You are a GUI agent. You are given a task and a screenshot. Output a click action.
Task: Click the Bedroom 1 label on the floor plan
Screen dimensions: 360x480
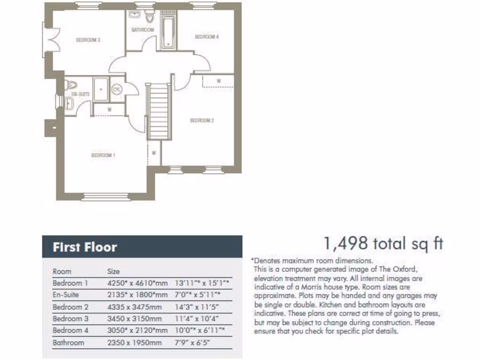(x=103, y=155)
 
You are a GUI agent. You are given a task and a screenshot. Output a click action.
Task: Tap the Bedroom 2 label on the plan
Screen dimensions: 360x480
(x=202, y=120)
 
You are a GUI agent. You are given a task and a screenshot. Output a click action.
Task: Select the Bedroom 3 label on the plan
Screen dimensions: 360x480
(x=88, y=40)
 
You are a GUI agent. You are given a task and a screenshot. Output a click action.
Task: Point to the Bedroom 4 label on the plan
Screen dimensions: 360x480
(x=207, y=37)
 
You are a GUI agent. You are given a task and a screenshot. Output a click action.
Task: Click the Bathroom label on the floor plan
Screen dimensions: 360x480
(x=142, y=30)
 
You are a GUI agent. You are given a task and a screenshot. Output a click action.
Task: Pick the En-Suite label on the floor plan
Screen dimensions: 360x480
(x=80, y=94)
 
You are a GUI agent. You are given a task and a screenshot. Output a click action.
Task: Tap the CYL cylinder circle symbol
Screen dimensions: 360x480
(x=117, y=89)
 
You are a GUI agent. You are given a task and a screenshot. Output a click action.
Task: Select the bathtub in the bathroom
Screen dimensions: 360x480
(x=168, y=31)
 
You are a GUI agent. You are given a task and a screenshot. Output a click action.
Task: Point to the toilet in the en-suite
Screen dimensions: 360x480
(x=72, y=85)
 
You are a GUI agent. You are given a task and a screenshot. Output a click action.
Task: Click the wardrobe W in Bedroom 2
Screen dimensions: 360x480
(x=218, y=81)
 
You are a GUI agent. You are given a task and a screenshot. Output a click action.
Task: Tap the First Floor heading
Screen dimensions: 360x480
(x=85, y=247)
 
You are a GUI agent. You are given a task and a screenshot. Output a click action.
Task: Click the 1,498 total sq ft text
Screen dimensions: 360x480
(x=383, y=243)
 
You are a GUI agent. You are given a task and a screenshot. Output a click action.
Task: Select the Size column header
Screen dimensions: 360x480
(x=113, y=271)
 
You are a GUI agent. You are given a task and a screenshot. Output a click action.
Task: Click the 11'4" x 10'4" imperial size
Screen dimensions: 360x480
(x=196, y=319)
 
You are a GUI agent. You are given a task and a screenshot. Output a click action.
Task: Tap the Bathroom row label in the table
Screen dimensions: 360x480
(x=68, y=343)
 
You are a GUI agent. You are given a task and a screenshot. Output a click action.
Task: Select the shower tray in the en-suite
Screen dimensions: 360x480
(x=101, y=89)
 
